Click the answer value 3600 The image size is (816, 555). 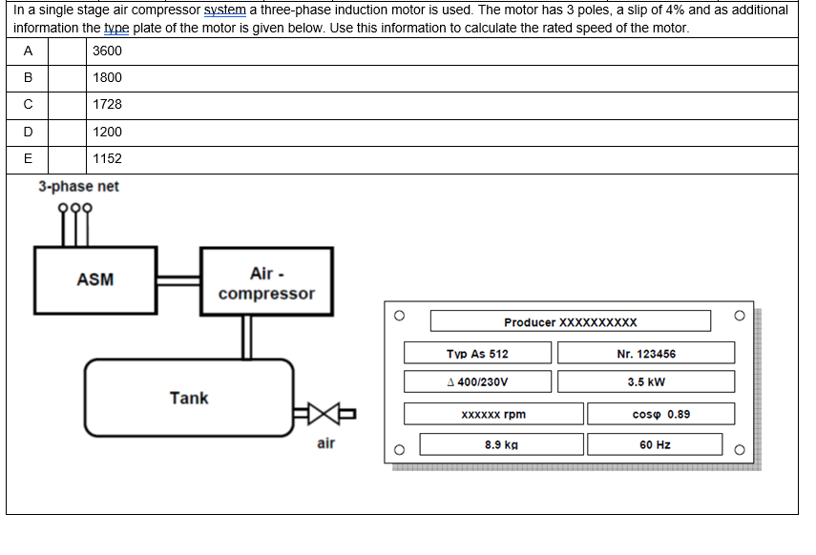108,51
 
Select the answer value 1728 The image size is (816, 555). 108,104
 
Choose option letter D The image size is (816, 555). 28,132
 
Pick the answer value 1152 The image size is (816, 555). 108,158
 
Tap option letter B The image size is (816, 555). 28,77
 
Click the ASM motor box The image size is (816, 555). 95,279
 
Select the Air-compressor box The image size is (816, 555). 266,283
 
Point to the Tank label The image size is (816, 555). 188,398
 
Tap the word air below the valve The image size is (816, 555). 325,443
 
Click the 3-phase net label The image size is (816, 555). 78,187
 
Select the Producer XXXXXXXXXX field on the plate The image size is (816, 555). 570,321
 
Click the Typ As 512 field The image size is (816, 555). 478,354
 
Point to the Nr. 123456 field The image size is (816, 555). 646,354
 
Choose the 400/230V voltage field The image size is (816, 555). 478,381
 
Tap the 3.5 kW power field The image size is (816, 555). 646,381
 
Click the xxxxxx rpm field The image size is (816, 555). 493,414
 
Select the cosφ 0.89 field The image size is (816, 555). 660,414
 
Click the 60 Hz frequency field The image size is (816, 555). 656,444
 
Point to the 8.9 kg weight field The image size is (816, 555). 501,444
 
